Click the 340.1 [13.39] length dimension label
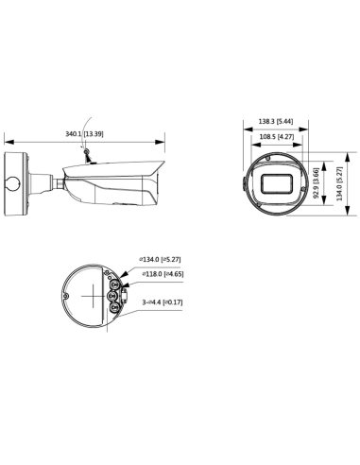pyautogui.click(x=84, y=134)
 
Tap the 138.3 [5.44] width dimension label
pyautogui.click(x=276, y=121)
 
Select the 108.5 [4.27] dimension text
pyautogui.click(x=277, y=137)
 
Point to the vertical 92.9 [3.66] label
pyautogui.click(x=317, y=183)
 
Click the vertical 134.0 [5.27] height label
pyautogui.click(x=339, y=183)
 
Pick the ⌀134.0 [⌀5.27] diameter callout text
pyautogui.click(x=160, y=260)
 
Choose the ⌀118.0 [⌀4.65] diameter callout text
pyautogui.click(x=163, y=274)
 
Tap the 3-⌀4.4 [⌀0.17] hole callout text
pyautogui.click(x=163, y=302)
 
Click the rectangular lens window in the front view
pyautogui.click(x=277, y=183)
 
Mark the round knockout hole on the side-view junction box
pyautogui.click(x=12, y=183)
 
